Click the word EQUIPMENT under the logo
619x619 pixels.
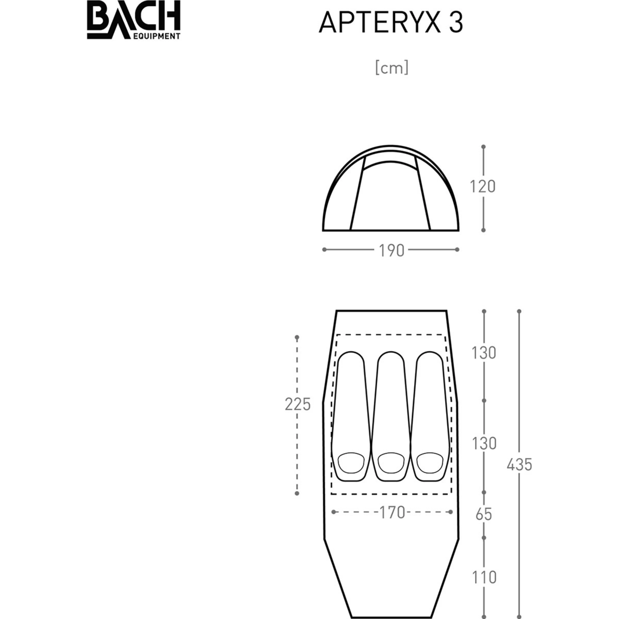pos(156,36)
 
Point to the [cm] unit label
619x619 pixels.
pos(392,68)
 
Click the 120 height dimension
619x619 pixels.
pos(483,186)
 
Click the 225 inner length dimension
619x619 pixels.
pos(298,404)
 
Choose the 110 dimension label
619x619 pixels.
pos(484,577)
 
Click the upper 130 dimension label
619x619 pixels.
pos(484,353)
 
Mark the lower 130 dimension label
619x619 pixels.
pos(484,443)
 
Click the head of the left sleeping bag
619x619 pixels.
pos(351,463)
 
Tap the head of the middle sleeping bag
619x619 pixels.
pos(390,463)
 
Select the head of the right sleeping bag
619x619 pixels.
pos(430,463)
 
